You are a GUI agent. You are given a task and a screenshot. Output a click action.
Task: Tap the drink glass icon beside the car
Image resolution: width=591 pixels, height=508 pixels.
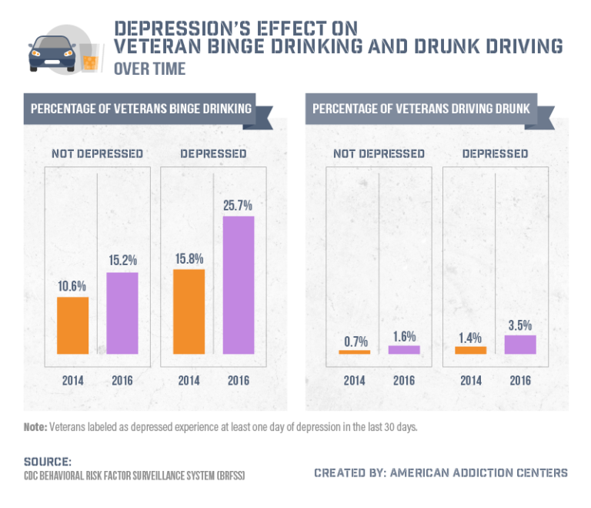[90, 59]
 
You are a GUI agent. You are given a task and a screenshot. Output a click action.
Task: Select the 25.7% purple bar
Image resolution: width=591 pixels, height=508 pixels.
[239, 284]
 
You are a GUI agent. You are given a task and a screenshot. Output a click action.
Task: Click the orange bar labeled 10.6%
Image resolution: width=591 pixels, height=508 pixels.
[73, 325]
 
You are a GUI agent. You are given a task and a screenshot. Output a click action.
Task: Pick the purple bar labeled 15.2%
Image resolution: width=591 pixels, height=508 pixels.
[122, 313]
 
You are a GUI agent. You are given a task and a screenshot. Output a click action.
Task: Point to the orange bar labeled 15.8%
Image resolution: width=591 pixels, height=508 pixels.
[189, 311]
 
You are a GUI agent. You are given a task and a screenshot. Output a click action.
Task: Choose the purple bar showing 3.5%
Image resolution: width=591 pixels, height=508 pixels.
[520, 345]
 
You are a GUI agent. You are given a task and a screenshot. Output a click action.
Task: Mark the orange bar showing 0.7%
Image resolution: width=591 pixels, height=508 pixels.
[355, 352]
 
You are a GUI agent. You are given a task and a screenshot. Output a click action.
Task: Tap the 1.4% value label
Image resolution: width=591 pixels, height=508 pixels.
[470, 337]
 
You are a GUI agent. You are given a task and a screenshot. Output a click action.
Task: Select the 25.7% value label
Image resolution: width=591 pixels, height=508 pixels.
[239, 206]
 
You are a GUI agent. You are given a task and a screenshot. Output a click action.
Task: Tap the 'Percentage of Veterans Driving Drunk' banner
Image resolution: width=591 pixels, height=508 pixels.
[421, 109]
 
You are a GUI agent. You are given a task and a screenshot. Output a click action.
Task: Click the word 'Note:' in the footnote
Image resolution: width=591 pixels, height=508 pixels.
[35, 426]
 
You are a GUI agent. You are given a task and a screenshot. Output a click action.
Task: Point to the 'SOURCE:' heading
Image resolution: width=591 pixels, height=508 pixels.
[48, 461]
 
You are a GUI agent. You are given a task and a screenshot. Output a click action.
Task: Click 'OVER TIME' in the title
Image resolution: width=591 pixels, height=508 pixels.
[149, 69]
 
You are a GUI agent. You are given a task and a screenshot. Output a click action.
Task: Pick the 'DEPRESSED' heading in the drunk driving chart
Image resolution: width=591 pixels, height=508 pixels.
[495, 153]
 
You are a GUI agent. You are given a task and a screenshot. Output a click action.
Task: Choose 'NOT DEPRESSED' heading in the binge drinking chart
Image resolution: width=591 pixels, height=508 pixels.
[98, 153]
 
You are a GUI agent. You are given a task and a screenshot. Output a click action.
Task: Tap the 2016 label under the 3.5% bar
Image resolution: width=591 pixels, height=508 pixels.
[520, 380]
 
